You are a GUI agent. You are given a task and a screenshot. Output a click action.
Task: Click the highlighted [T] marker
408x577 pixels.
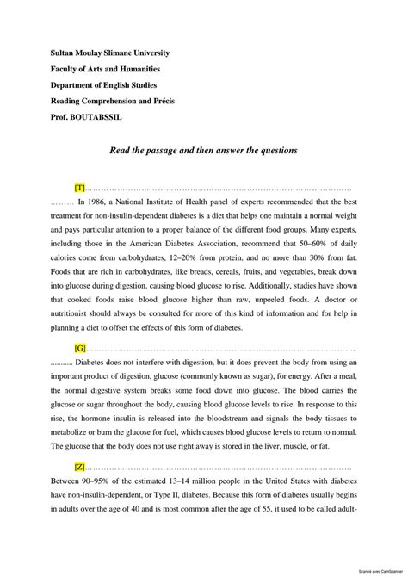[x=80, y=187]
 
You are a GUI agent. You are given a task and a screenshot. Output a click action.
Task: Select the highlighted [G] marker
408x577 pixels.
[x=80, y=348]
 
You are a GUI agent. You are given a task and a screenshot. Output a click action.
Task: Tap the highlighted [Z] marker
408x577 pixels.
[x=80, y=467]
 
